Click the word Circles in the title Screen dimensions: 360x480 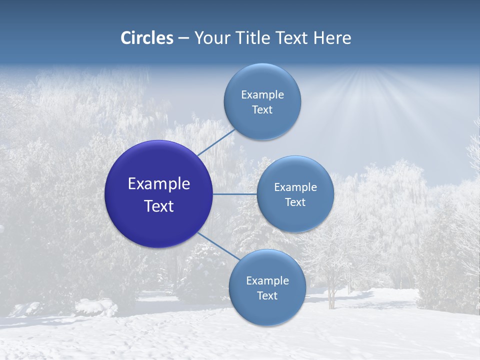point(147,38)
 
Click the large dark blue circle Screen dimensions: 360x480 point(158,194)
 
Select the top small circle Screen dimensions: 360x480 point(262,101)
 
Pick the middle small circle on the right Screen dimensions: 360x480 point(295,194)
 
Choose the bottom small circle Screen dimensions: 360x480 point(267,287)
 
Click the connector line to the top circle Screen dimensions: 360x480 point(216,142)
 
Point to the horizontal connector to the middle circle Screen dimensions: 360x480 point(234,194)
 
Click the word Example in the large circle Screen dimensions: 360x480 point(158,184)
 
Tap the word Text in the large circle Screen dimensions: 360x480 point(158,206)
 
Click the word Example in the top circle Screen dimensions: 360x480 point(262,94)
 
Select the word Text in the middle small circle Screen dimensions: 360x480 point(295,202)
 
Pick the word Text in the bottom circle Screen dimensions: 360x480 point(267,295)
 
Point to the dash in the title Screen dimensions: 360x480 point(183,38)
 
